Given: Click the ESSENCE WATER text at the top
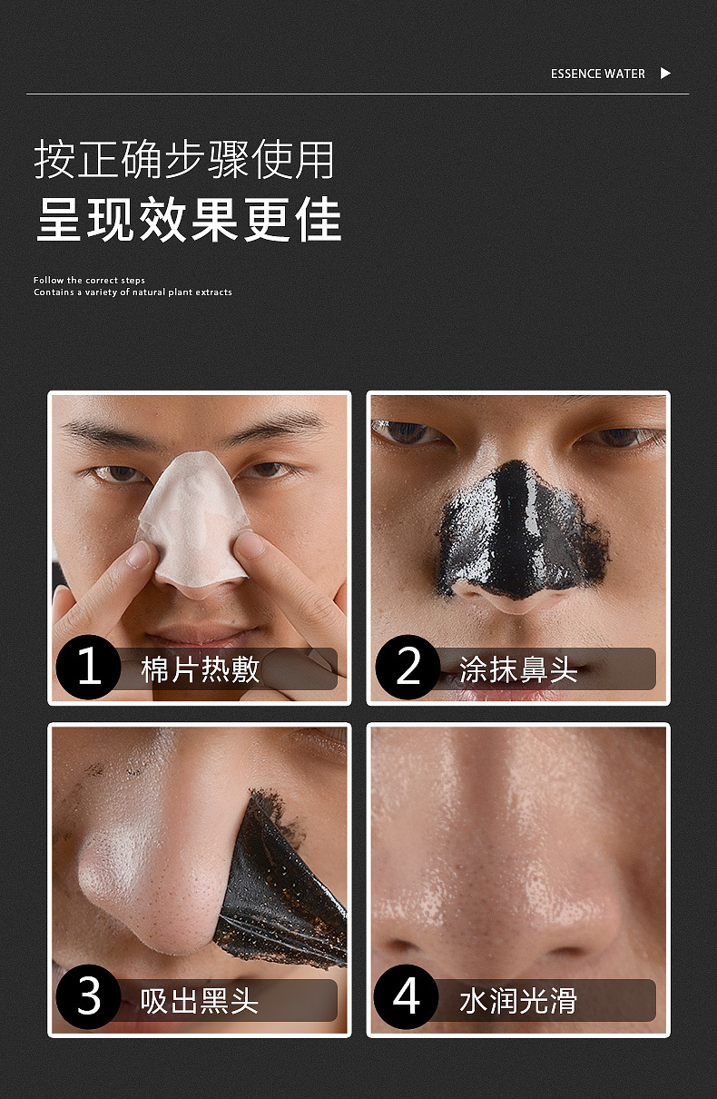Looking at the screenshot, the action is (x=597, y=74).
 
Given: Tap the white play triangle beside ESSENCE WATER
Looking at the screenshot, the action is (x=665, y=73).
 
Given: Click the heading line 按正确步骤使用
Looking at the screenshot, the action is (x=184, y=160).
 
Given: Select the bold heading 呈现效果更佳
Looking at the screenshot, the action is (x=189, y=219).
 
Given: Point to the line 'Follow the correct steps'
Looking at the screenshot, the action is (x=89, y=280).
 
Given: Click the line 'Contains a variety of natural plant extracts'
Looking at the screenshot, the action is (x=133, y=292).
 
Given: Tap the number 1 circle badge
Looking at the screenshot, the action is (x=88, y=667).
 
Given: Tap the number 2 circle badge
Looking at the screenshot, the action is (x=408, y=667).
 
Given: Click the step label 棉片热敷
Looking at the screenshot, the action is (x=200, y=669).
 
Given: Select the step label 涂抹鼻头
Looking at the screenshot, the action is (x=518, y=669).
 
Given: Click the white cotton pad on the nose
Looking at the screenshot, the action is (x=193, y=520).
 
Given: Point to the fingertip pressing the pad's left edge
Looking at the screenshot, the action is (x=137, y=554).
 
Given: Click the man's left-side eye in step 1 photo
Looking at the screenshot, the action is (x=117, y=473).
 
